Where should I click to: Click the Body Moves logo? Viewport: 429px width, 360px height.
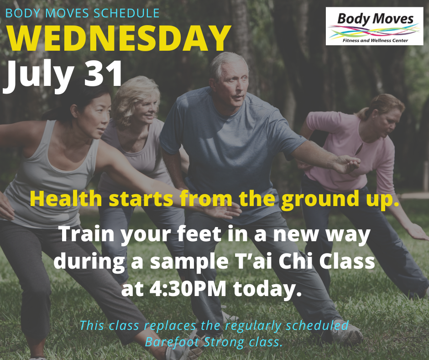click(x=374, y=26)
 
